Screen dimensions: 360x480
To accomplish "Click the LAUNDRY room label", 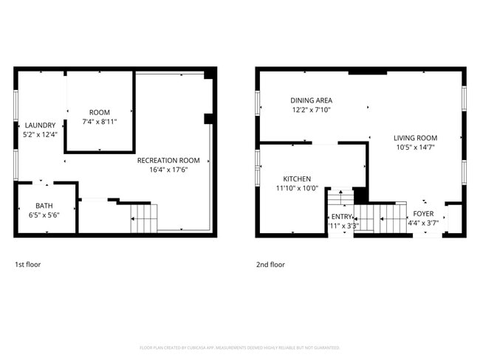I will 35,125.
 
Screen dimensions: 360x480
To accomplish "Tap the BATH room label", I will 44,206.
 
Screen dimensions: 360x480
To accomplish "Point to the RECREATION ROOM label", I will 168,160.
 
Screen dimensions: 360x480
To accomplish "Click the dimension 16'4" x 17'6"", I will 168,169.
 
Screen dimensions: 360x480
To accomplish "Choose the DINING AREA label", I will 311,100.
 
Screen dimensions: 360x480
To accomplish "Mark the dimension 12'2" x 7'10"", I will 311,110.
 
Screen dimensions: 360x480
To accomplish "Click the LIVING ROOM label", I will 415,138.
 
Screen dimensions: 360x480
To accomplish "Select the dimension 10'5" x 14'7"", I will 415,147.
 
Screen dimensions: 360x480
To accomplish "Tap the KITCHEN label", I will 297,179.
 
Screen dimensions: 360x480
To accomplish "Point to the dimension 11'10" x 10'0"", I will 297,188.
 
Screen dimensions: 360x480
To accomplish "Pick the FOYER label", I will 423,213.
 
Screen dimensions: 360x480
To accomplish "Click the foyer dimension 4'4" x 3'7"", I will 423,222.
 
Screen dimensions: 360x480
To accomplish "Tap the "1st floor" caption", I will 29,264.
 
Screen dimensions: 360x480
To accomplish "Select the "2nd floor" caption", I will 270,264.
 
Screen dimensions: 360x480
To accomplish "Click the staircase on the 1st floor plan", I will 144,219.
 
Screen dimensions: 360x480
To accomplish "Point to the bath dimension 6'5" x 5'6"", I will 44,215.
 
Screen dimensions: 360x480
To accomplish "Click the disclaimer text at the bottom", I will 240,347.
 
